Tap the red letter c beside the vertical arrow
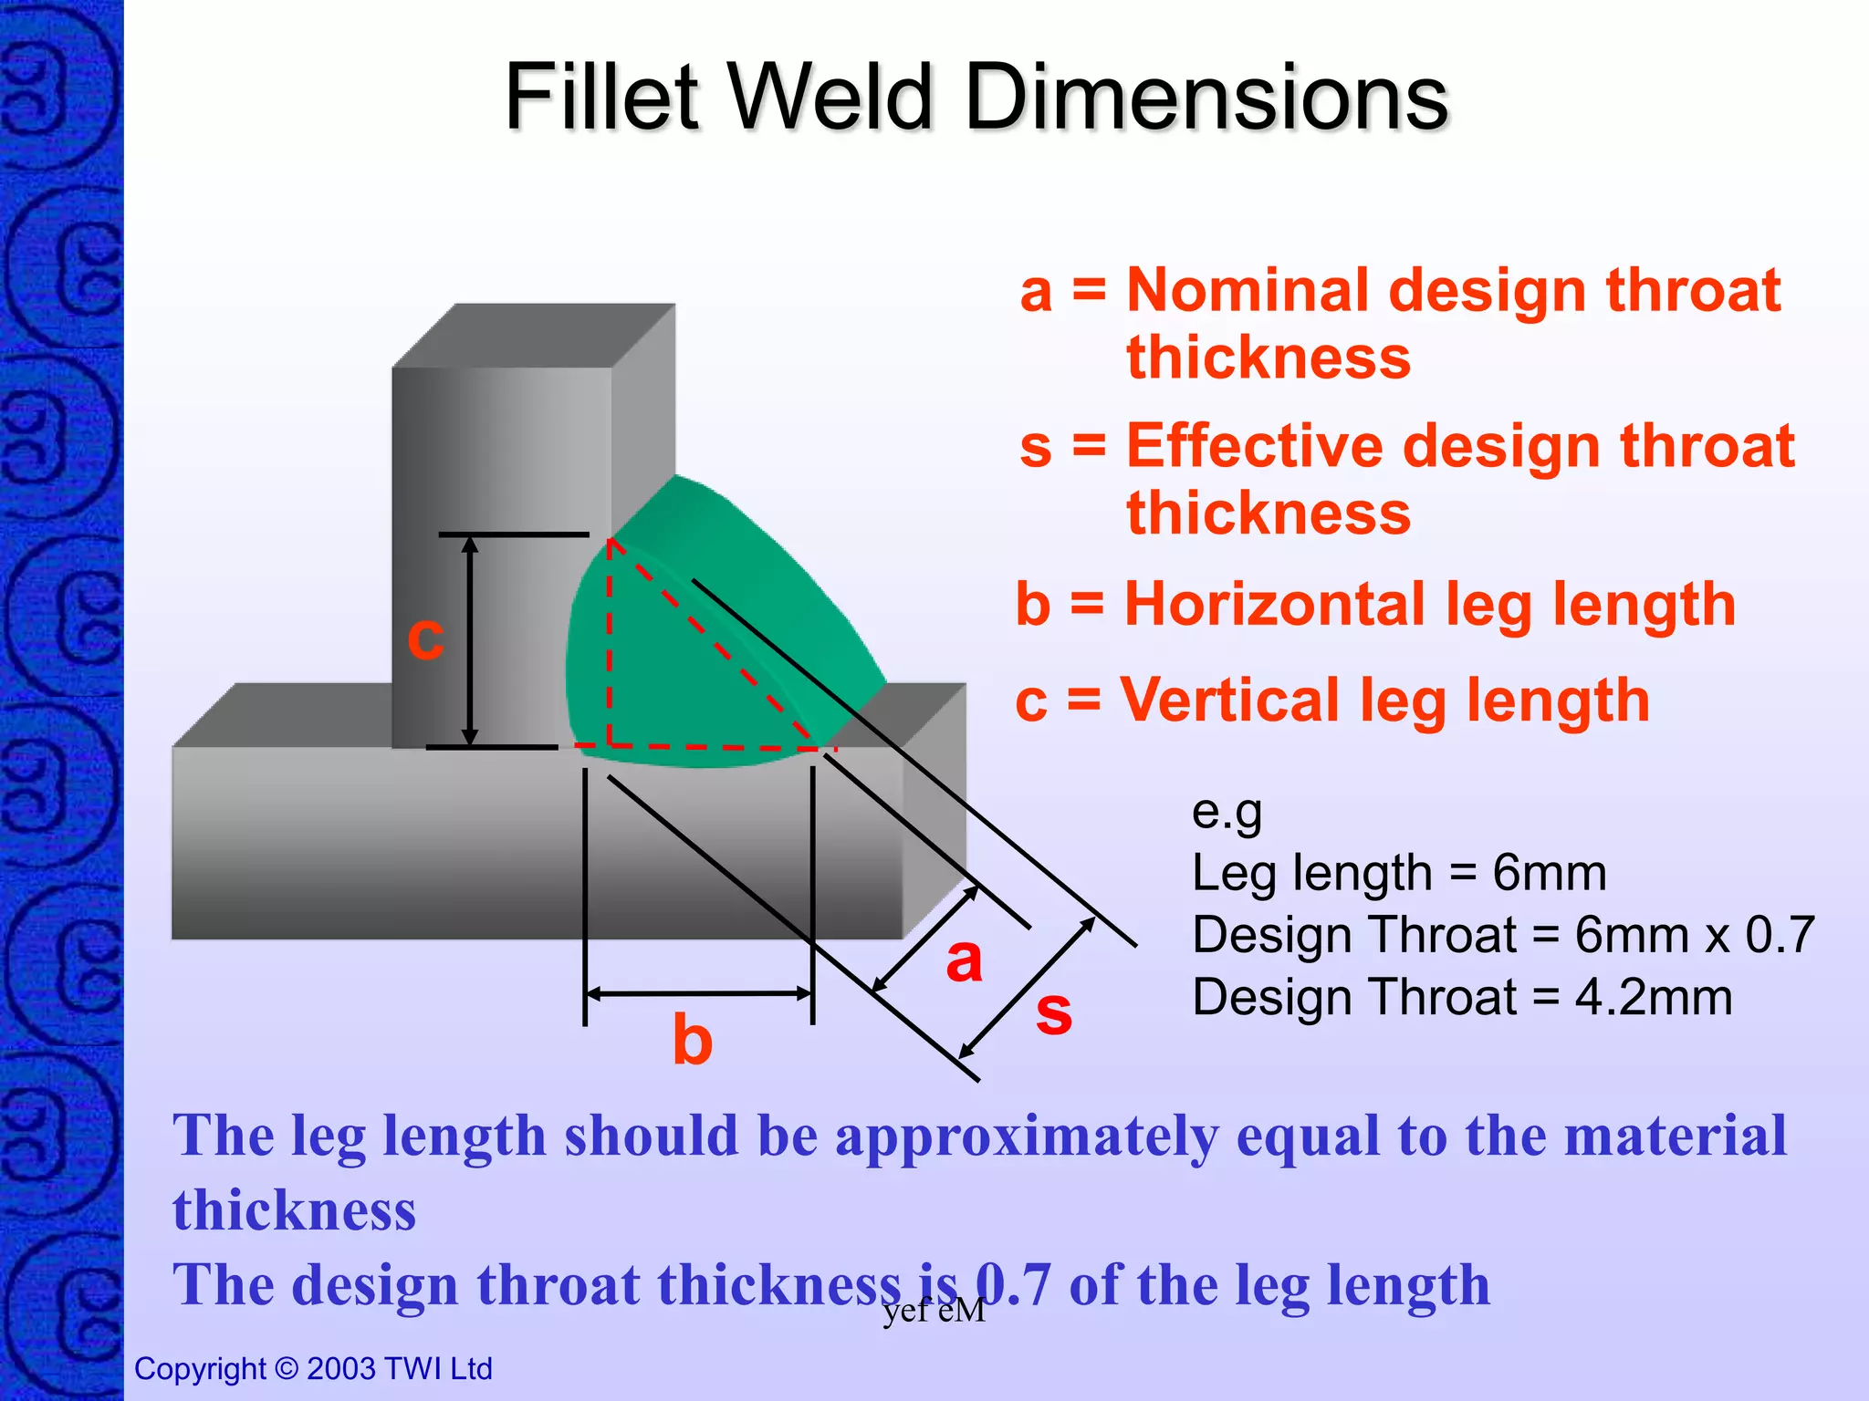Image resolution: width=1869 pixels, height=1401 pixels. click(425, 636)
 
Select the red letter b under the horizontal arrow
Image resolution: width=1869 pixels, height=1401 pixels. click(692, 1040)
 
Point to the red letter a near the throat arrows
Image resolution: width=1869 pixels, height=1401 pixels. click(964, 960)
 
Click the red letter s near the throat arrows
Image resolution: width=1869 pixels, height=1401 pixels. click(1053, 1012)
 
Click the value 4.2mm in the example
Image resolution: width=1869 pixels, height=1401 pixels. click(1653, 997)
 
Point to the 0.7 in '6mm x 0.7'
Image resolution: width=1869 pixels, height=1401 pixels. click(1779, 935)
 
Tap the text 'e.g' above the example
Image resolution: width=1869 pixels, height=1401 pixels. click(1227, 811)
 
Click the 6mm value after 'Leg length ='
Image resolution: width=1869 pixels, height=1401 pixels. click(1549, 873)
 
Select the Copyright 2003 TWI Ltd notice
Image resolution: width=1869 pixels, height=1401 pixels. click(313, 1368)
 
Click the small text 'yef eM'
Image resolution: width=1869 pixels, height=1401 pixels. click(934, 1311)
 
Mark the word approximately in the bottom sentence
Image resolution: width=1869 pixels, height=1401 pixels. click(1026, 1136)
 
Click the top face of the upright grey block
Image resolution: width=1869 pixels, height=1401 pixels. click(534, 336)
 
